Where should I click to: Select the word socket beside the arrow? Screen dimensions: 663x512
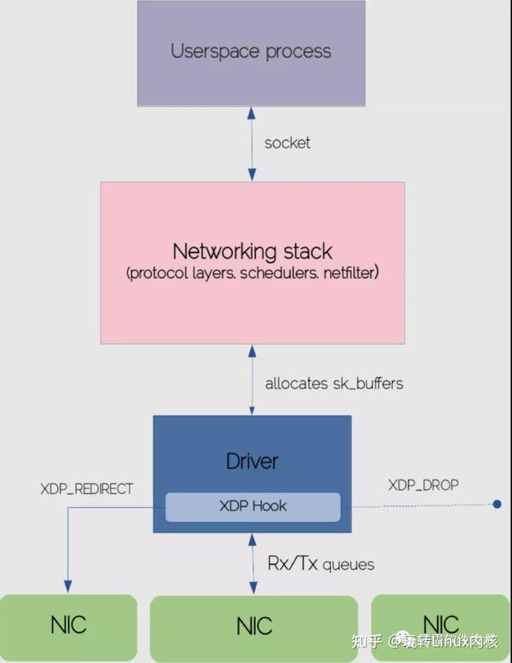288,142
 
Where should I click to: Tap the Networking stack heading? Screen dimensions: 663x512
252,251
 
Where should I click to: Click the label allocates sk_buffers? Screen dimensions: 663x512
334,383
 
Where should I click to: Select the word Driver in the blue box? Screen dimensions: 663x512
252,462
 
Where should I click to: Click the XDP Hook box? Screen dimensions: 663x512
252,506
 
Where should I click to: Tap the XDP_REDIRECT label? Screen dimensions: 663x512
87,489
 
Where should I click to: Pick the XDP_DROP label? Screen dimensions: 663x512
423,485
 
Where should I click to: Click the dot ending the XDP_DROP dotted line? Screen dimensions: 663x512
497,505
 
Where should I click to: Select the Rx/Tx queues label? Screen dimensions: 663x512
321,563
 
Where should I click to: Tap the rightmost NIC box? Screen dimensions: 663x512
440,624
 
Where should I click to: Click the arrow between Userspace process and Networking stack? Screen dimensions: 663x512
251,142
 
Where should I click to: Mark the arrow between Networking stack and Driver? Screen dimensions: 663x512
251,381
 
